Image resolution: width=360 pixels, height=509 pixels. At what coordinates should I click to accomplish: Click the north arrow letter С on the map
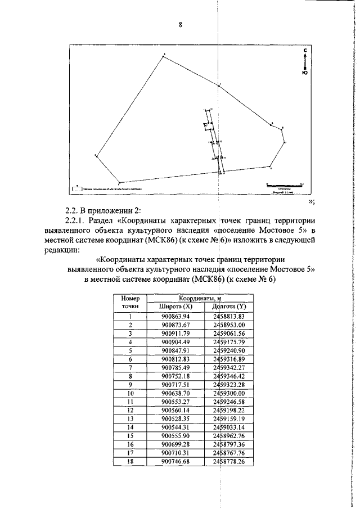click(304, 51)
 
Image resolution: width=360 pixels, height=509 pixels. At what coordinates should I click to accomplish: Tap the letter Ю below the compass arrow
click(304, 73)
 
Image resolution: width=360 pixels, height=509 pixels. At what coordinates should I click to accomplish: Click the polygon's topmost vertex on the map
click(163, 55)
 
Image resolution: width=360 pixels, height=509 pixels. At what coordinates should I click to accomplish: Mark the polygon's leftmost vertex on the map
click(96, 155)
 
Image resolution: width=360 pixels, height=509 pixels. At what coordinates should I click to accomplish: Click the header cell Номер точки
click(130, 302)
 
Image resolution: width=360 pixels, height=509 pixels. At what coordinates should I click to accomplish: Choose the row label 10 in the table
click(130, 393)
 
